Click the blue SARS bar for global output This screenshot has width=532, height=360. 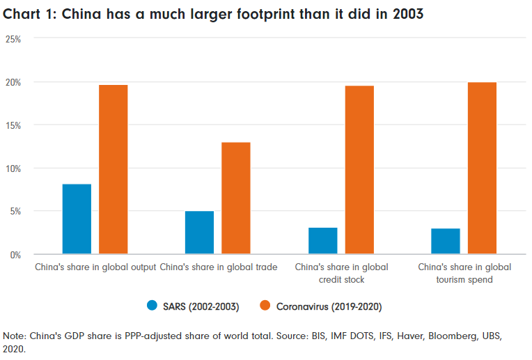coord(77,219)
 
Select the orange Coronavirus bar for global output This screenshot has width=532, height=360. coord(113,169)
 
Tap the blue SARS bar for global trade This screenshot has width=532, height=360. coord(199,233)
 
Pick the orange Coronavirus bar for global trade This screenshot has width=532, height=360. coord(235,198)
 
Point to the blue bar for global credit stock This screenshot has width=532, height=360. coord(322,241)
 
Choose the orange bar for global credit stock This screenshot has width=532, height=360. coord(359,170)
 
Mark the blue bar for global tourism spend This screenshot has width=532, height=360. coord(445,241)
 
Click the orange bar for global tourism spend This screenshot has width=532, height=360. coord(482,168)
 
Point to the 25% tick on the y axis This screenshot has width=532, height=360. coord(13,39)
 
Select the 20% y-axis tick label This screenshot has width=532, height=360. coord(13,82)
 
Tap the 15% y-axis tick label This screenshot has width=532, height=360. coord(13,125)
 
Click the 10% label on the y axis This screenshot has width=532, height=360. coord(13,169)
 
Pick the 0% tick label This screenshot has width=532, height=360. coord(15,255)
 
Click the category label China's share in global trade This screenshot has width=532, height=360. coord(219,267)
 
